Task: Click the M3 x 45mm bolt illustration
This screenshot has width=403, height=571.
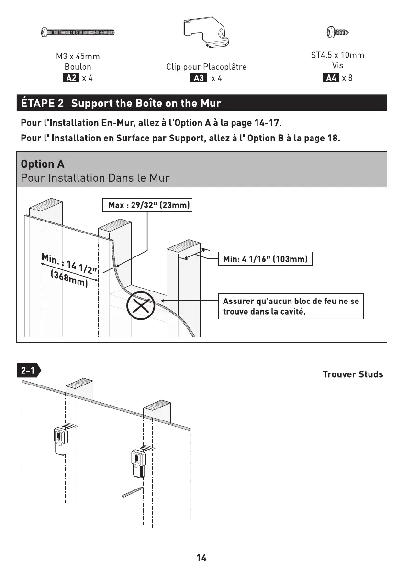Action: coord(78,33)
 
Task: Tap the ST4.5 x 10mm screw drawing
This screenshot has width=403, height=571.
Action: coord(337,33)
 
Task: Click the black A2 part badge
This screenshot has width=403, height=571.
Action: coord(70,78)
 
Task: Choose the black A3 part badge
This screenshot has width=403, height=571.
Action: coord(198,78)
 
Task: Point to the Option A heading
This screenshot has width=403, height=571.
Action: coord(43,164)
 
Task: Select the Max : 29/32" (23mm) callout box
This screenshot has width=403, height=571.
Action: coord(147,206)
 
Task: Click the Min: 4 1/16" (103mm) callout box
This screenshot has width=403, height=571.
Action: coord(265,259)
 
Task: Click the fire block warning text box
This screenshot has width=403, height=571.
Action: coord(291,306)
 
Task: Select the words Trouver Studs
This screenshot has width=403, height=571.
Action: coord(352,374)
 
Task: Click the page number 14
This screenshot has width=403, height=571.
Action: coord(201,557)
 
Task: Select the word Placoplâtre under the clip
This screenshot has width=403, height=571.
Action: coord(224,67)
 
